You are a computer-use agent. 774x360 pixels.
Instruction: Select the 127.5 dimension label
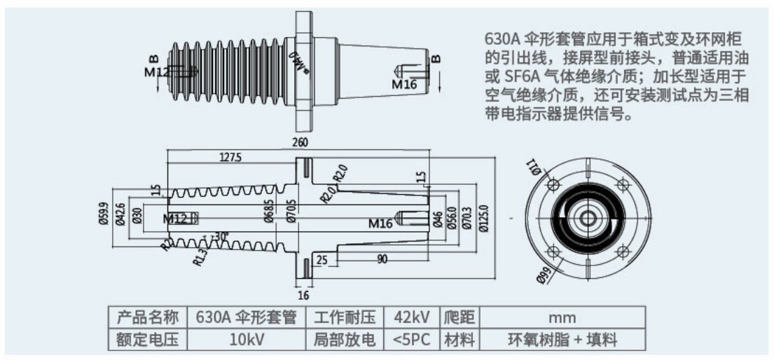[230, 158]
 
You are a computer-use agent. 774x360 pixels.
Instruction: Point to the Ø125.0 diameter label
[483, 219]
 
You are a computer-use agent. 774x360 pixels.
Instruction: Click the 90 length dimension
[382, 260]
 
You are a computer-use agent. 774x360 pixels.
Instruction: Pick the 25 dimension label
[323, 260]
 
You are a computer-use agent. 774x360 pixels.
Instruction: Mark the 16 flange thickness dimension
[303, 295]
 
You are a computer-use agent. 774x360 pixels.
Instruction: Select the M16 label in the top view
[404, 85]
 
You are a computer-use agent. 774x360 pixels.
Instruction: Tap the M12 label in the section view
[175, 219]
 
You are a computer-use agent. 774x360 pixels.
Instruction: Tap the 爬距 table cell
[459, 317]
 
